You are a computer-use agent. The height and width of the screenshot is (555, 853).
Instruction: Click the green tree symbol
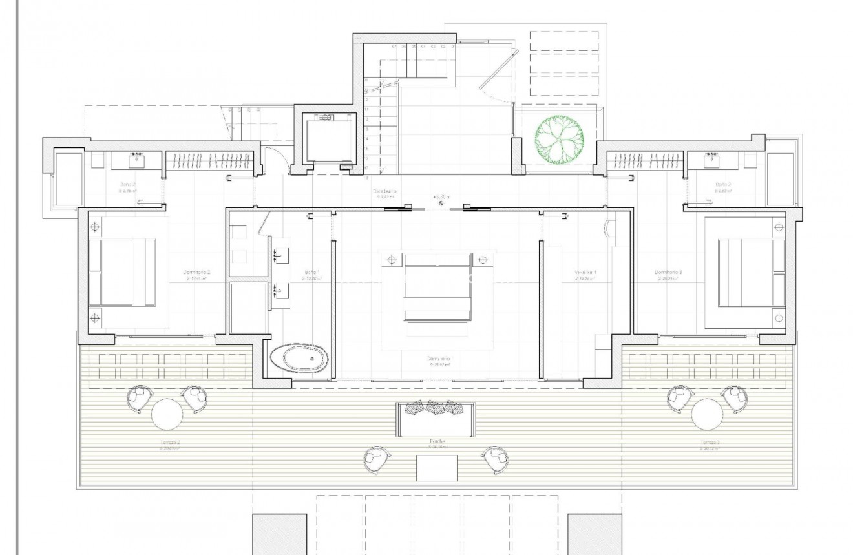[x=559, y=139]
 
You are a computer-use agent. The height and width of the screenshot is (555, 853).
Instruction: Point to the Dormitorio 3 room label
[x=668, y=274]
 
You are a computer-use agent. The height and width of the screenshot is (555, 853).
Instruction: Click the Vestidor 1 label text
[x=585, y=273]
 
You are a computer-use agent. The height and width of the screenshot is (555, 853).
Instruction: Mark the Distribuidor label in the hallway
[x=385, y=193]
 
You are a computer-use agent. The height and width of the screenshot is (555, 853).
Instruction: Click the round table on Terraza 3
[x=708, y=414]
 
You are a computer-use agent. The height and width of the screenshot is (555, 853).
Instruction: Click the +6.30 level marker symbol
[x=441, y=202]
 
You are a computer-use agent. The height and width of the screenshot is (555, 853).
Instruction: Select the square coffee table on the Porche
[x=437, y=468]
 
